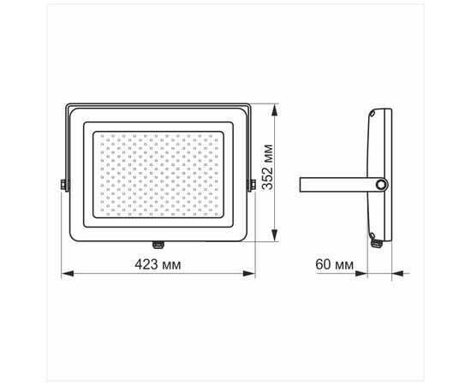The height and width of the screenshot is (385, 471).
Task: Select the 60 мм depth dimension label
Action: pyautogui.click(x=334, y=264)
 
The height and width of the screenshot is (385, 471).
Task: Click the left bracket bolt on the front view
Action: pyautogui.click(x=63, y=184)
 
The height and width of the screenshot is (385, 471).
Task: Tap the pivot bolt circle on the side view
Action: pyautogui.click(x=380, y=183)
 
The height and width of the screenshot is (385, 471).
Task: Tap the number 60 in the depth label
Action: pyautogui.click(x=323, y=264)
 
